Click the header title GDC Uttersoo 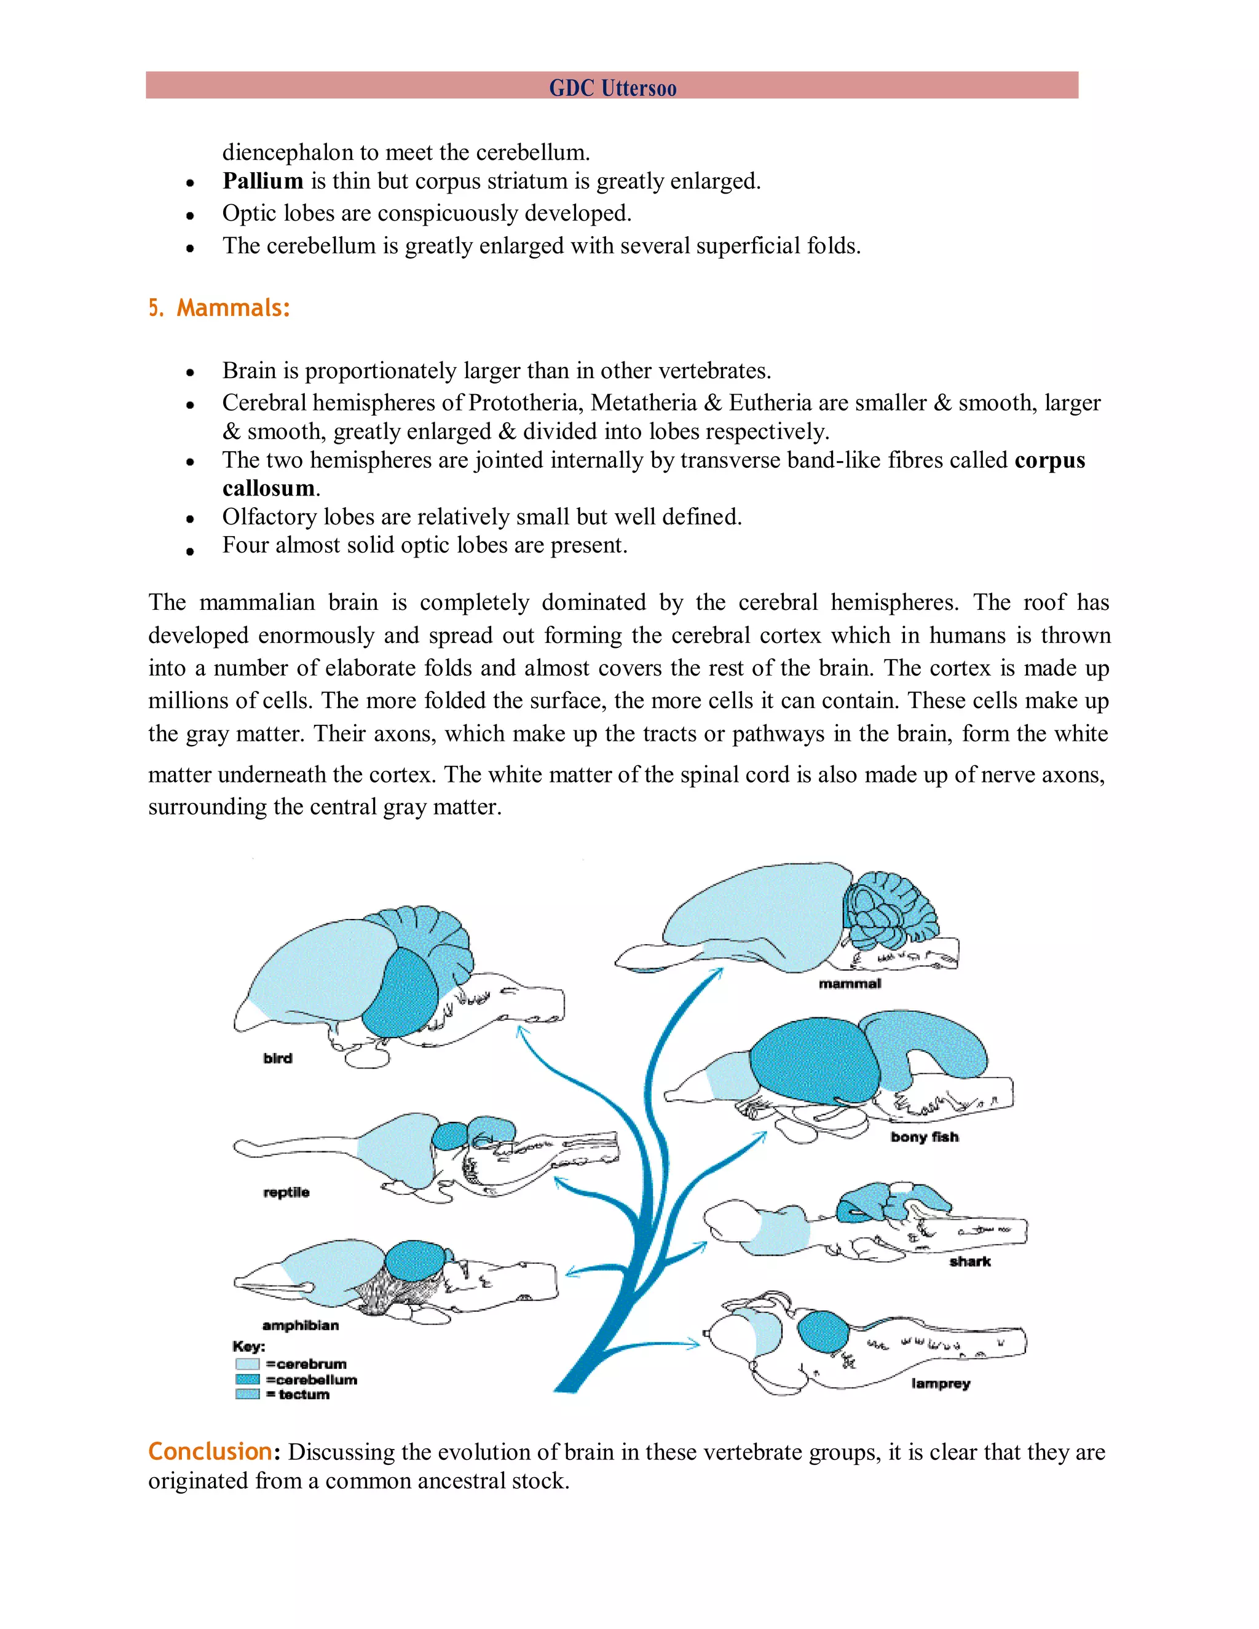612,88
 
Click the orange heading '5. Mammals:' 219,307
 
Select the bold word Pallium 262,181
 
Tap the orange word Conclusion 210,1451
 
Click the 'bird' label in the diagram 277,1059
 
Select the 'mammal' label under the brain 850,984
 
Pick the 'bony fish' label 924,1137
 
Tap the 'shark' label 969,1261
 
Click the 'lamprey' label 941,1384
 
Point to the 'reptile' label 286,1192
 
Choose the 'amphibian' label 300,1325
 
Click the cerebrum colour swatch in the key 247,1364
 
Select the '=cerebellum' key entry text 312,1379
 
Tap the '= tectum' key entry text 298,1394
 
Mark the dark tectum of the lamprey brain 823,1331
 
